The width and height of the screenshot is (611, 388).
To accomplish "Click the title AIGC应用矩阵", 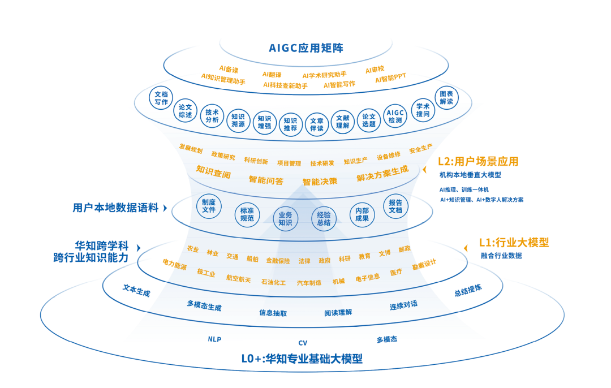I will (x=306, y=47).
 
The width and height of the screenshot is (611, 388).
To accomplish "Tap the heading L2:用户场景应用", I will (x=478, y=161).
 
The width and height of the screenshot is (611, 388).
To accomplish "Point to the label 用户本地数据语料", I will (x=115, y=208).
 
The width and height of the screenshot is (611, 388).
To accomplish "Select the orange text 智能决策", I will (x=320, y=182).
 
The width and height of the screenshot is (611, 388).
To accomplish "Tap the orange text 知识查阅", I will (x=213, y=171).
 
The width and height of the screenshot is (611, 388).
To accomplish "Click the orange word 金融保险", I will (x=278, y=261).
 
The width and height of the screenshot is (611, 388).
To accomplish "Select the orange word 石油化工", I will (x=273, y=282).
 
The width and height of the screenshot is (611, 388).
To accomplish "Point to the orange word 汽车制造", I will (x=309, y=282).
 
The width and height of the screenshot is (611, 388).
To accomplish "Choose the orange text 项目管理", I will (x=289, y=163).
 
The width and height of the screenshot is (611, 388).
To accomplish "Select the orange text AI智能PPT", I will (x=390, y=80).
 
